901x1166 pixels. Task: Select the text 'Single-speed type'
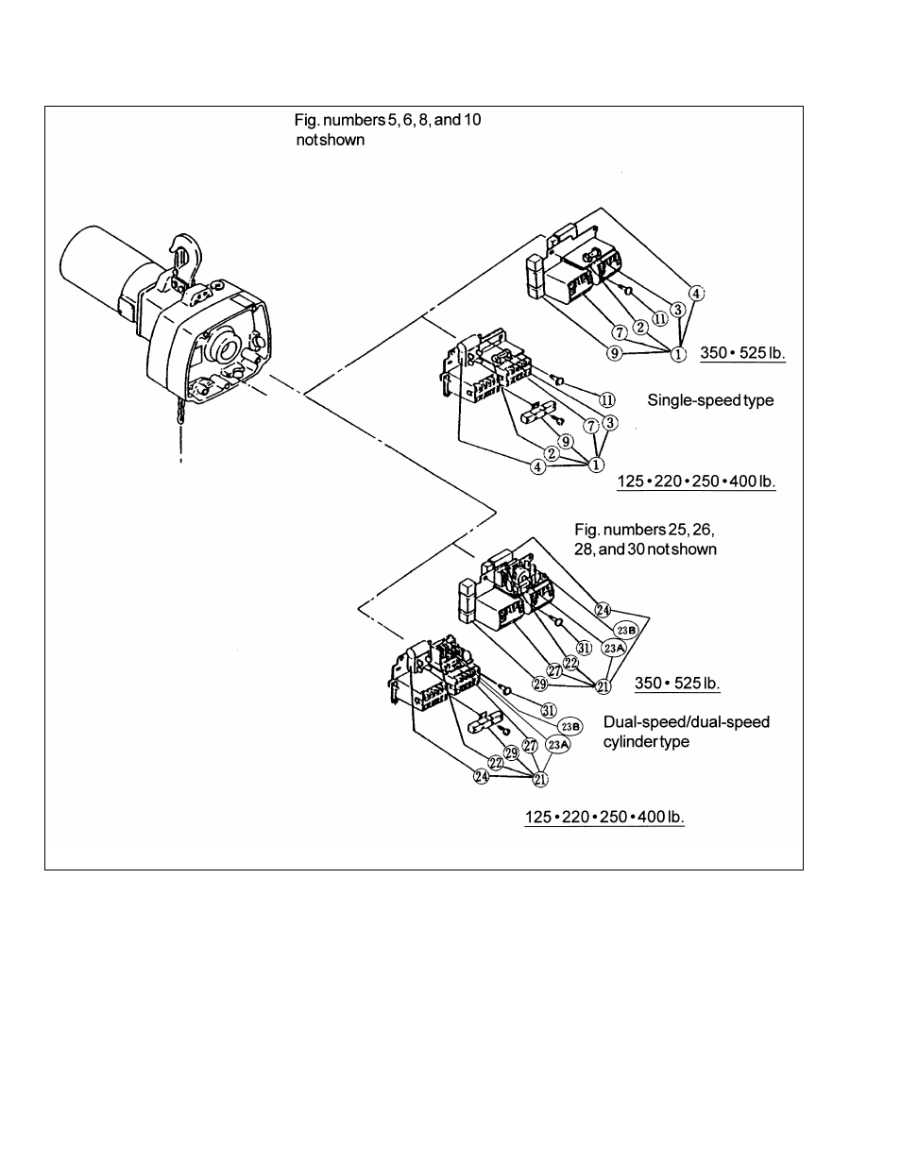coord(709,400)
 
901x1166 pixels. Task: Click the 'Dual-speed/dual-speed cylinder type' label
coord(687,732)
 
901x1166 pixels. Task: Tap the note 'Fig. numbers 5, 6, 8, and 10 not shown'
coord(392,130)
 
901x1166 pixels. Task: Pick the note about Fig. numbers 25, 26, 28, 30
coord(646,540)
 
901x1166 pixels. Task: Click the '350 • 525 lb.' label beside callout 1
coord(742,354)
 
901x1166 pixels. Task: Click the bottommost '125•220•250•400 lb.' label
coord(604,817)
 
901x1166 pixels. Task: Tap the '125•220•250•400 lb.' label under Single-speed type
coord(696,482)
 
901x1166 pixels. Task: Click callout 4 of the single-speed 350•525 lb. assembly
coord(695,293)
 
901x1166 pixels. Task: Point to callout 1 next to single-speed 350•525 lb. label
coord(677,355)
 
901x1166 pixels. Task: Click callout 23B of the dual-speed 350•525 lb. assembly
coord(626,630)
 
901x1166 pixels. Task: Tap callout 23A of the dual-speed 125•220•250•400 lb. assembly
coord(559,745)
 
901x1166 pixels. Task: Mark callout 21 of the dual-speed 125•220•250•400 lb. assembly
coord(540,779)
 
